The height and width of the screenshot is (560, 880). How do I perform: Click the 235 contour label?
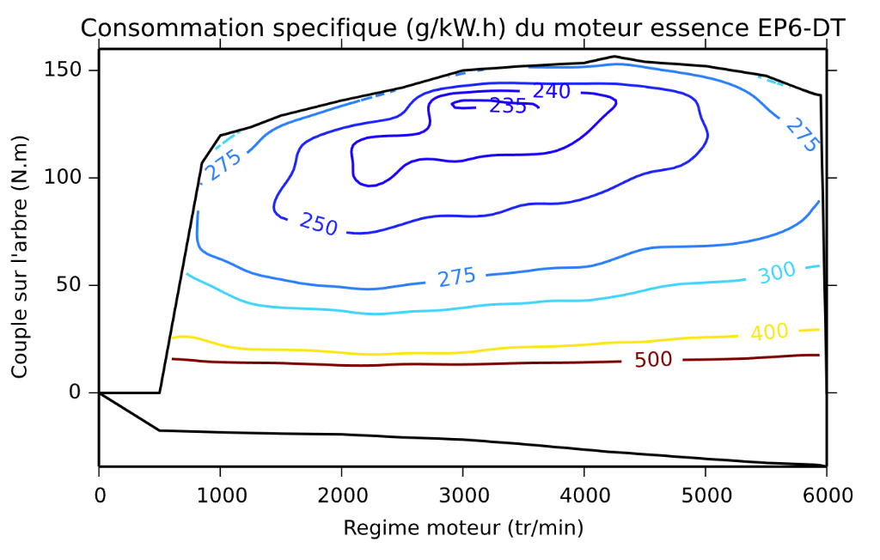(x=508, y=106)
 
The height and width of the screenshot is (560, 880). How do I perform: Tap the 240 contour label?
(x=552, y=91)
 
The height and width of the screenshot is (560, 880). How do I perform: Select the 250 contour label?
(x=319, y=223)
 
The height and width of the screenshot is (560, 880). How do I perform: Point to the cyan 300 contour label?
(x=777, y=272)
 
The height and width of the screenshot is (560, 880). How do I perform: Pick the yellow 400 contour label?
(x=770, y=332)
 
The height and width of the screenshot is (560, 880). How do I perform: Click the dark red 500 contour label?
(x=653, y=359)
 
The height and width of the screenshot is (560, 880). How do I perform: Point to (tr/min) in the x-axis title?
(x=544, y=527)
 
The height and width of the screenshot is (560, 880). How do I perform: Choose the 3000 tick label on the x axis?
(x=462, y=496)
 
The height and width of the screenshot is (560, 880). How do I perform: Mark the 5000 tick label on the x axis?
(x=706, y=496)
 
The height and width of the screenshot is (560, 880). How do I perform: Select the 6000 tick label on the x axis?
(x=826, y=496)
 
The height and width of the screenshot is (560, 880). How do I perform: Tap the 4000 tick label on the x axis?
(x=584, y=496)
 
